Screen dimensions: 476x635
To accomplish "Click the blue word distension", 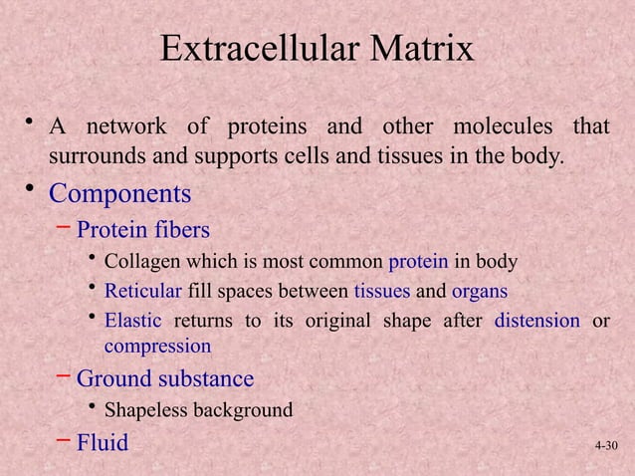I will coord(537,320).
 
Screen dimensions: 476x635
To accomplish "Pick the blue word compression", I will coord(157,347).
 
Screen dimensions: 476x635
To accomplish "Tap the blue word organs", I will coord(480,291).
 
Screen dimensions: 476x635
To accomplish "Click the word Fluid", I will coord(103,442).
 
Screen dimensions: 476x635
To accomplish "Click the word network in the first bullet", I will coord(131,128).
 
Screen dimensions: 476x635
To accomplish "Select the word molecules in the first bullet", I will coord(501,128).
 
